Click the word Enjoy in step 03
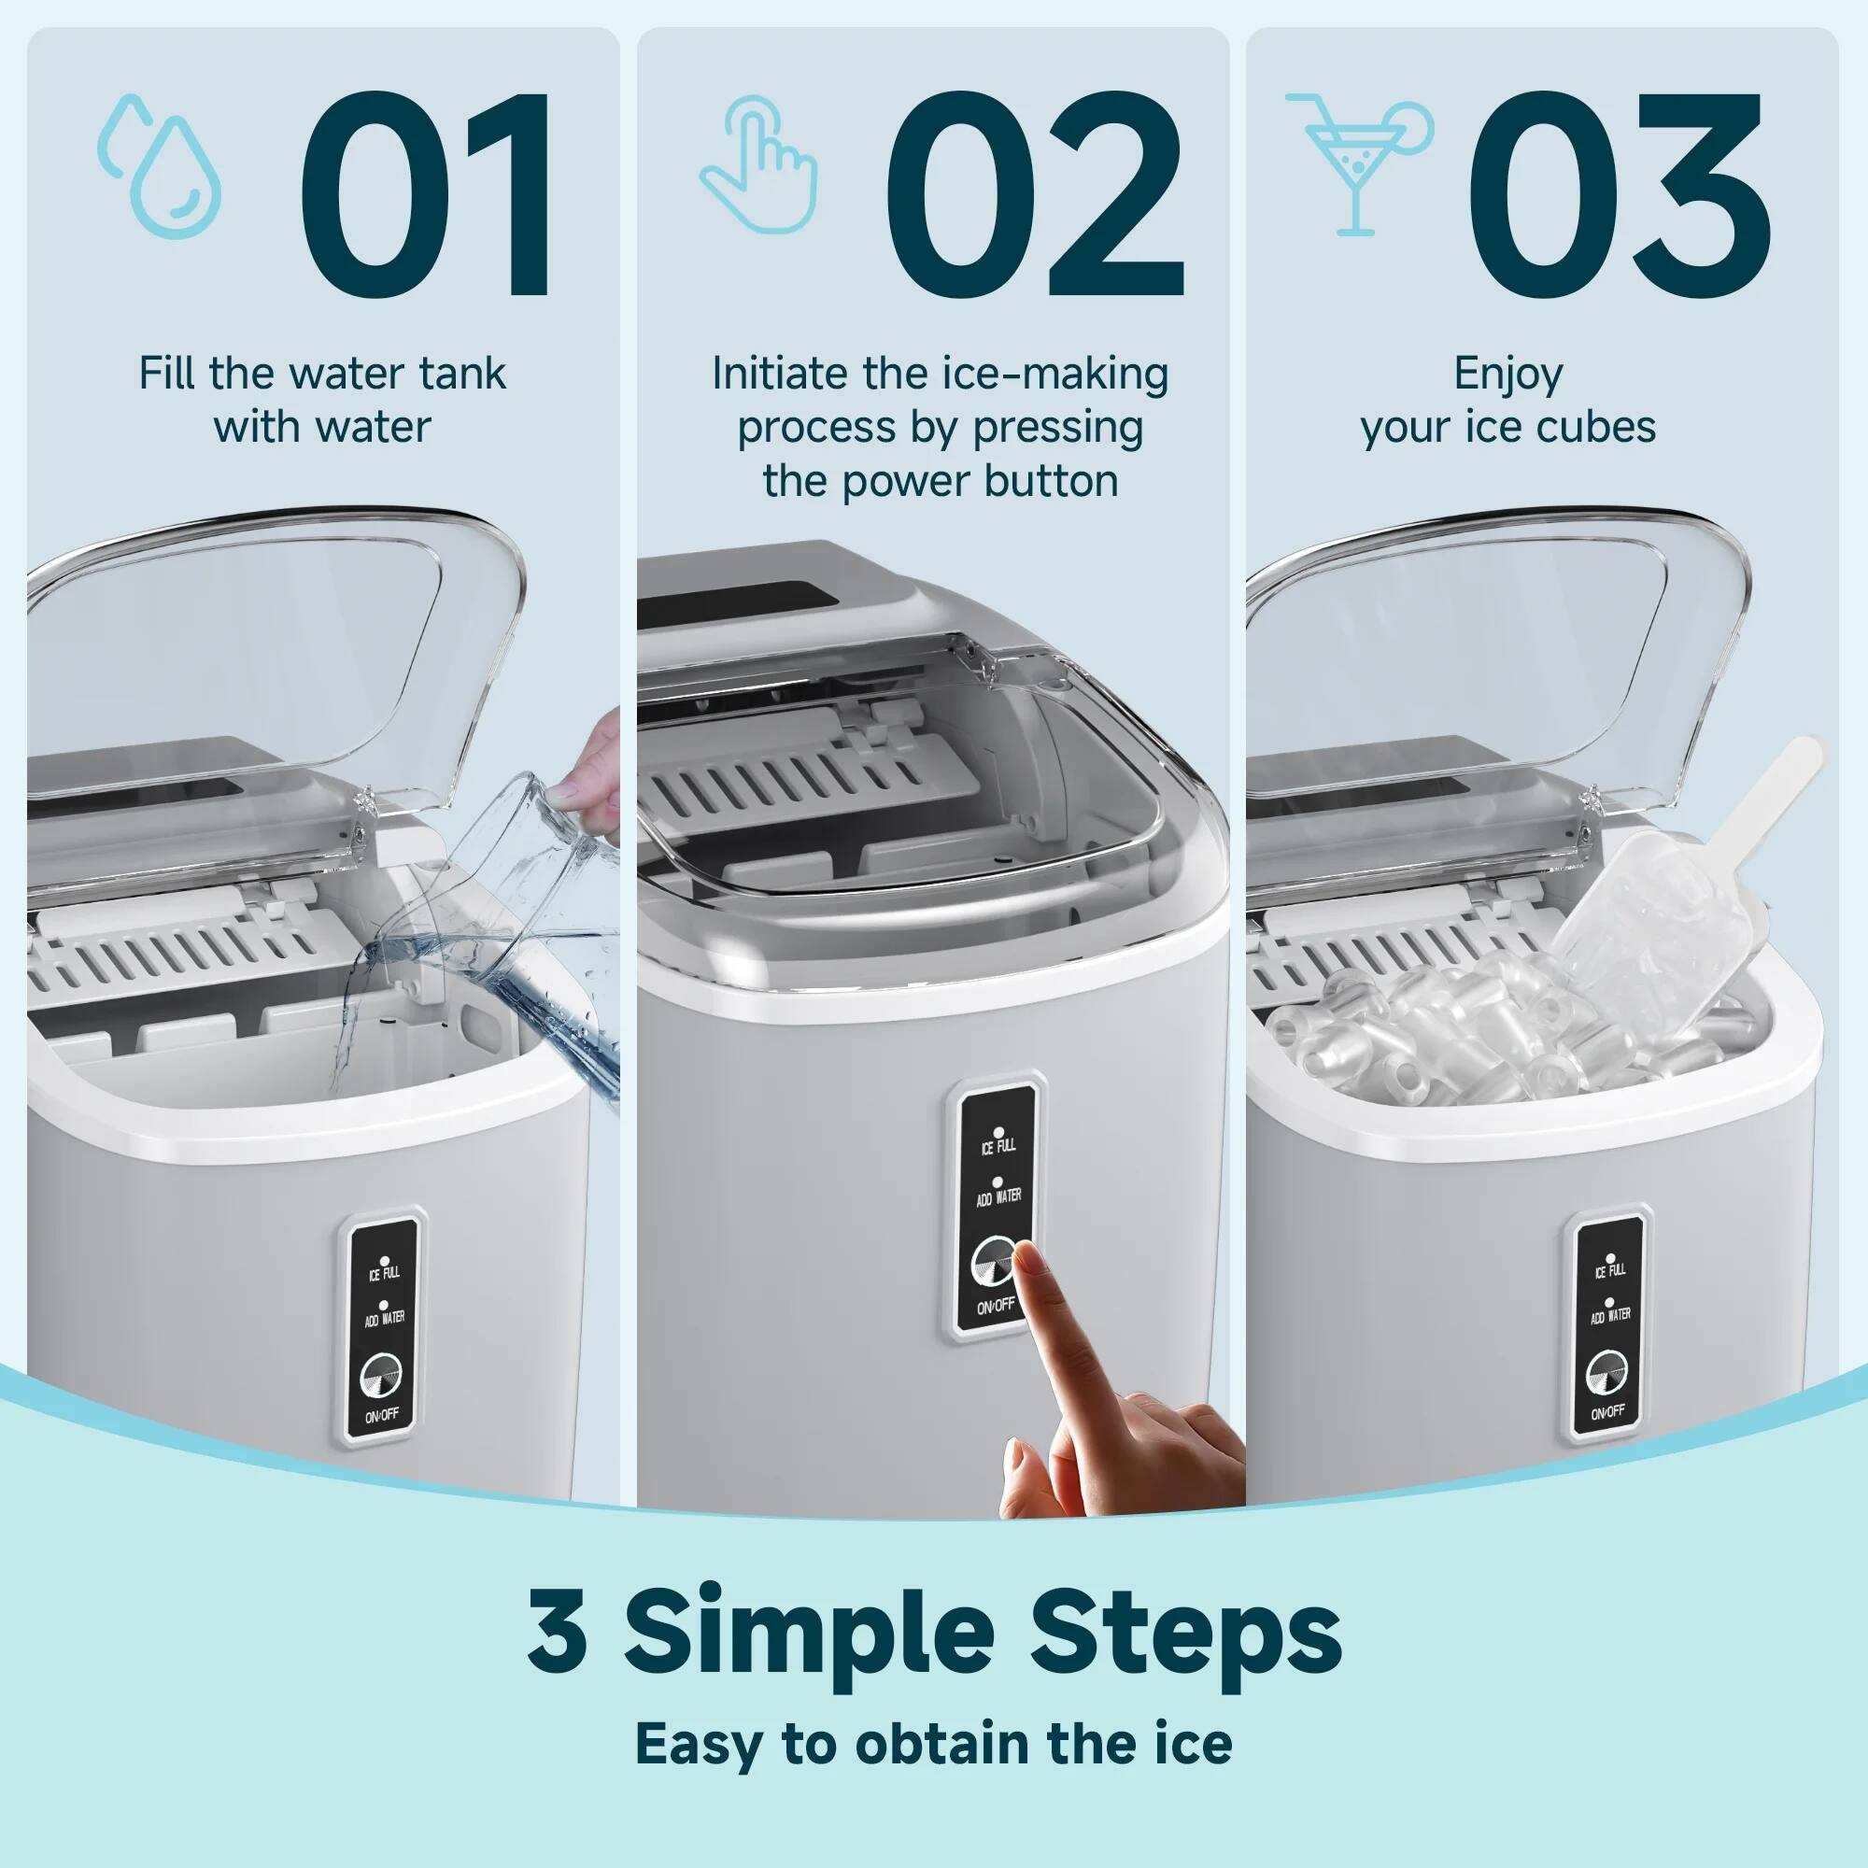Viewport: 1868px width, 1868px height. (x=1507, y=375)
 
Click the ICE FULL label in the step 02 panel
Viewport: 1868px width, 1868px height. (x=998, y=1147)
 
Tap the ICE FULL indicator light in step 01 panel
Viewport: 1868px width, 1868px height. (x=385, y=1261)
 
